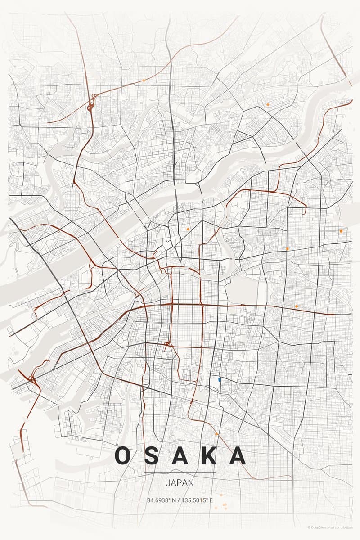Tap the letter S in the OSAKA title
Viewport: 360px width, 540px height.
(x=153, y=456)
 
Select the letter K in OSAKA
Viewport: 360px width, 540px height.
(x=208, y=456)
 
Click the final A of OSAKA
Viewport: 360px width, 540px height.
(x=237, y=456)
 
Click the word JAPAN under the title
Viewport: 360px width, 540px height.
(x=180, y=483)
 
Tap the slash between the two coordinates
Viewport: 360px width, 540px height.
(x=180, y=500)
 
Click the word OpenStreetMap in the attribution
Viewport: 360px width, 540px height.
(x=323, y=527)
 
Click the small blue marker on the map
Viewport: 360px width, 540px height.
(x=219, y=380)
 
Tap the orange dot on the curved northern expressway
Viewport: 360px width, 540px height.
(x=144, y=81)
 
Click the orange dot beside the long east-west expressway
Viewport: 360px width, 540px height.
(x=296, y=306)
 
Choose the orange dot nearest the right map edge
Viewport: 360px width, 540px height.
(x=341, y=231)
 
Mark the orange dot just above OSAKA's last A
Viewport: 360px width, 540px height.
(x=216, y=434)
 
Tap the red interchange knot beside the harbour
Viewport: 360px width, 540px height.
(x=31, y=379)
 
